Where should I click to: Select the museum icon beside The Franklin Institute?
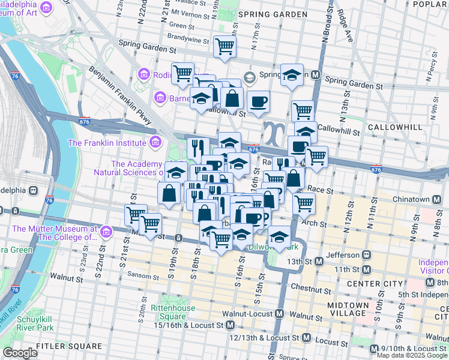155,142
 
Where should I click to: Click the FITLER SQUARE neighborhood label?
69,346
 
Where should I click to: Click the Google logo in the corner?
20,353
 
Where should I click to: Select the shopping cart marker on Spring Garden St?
224,46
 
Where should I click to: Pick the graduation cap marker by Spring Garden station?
292,75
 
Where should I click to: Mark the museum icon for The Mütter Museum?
106,232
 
